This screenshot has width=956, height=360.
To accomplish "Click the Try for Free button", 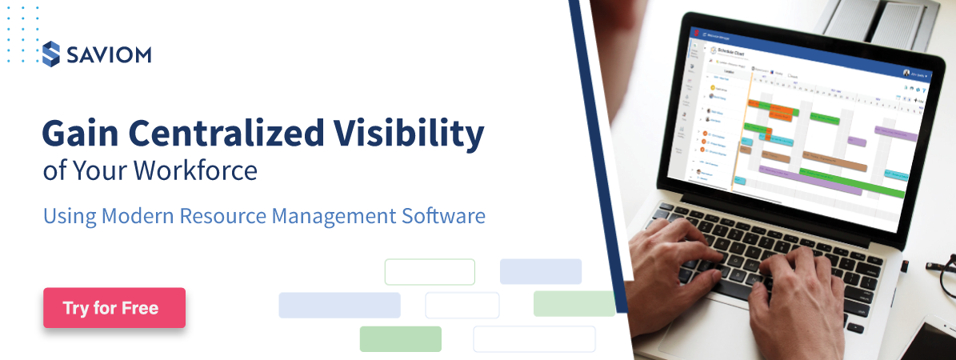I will (x=114, y=308).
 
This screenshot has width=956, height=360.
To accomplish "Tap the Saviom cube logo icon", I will (x=51, y=54).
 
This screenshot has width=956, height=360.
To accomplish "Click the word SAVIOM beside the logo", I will (x=108, y=54).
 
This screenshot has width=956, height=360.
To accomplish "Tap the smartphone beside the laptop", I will (x=932, y=336).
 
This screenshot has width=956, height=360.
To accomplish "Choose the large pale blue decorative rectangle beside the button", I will (x=339, y=305).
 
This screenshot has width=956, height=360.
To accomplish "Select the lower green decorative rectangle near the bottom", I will (x=400, y=338).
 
